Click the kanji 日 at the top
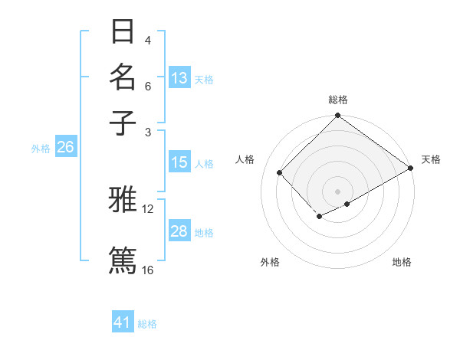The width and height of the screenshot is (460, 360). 123,32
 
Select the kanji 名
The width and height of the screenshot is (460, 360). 123,77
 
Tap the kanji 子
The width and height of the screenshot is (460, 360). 123,123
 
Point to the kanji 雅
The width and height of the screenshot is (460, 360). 123,200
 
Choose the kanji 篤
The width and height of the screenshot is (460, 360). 123,259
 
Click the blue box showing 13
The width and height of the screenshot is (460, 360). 179,78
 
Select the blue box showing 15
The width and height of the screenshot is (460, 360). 179,162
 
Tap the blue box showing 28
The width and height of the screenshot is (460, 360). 179,232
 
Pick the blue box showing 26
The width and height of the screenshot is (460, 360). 66,147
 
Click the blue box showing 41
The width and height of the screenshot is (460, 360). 123,322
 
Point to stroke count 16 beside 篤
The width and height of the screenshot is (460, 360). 148,270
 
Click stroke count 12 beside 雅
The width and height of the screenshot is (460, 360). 148,208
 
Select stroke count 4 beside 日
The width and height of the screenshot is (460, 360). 148,40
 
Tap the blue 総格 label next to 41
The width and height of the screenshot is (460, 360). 147,324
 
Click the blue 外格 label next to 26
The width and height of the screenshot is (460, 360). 40,149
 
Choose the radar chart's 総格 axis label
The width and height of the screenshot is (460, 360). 338,100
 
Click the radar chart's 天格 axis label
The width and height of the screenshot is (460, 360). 431,159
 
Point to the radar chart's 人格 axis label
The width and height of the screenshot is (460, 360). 245,159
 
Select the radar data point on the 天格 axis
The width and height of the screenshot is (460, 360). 411,169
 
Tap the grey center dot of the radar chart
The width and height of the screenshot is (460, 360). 338,191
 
